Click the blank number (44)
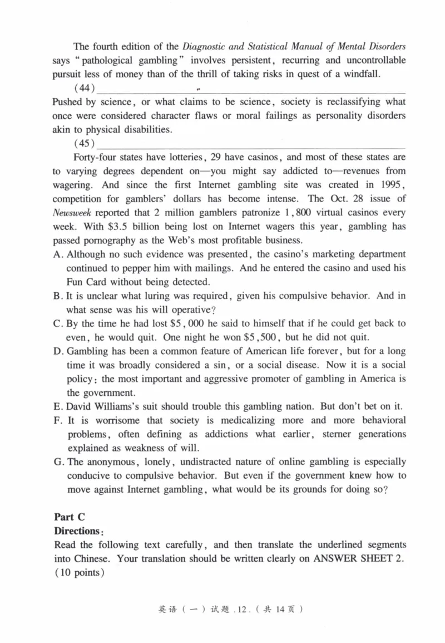pos(85,89)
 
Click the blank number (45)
pos(85,144)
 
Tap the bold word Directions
pos(76,532)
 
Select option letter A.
pos(57,254)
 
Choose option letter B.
pos(57,296)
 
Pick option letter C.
pos(57,323)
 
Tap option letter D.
pos(57,351)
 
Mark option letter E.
pos(57,406)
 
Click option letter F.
pos(57,420)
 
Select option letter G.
pos(58,462)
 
